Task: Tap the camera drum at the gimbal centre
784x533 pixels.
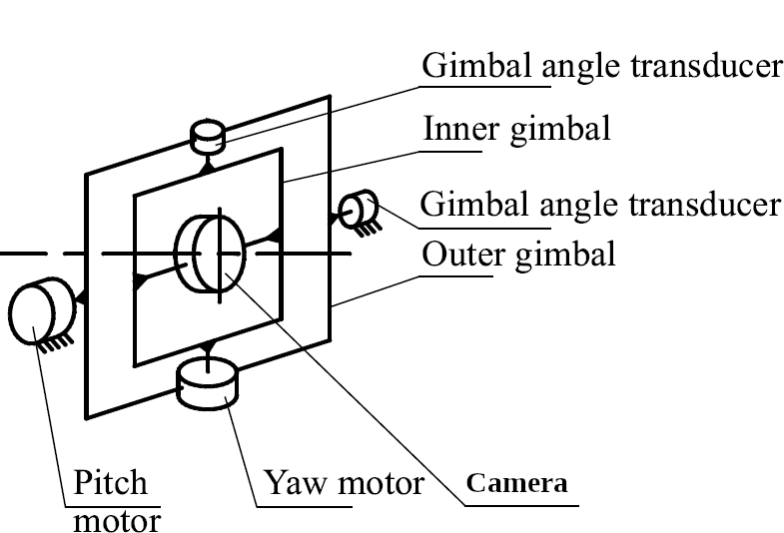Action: coord(209,253)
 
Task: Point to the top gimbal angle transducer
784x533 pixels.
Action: coord(207,137)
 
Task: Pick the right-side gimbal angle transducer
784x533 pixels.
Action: coord(355,210)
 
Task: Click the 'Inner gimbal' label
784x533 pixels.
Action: coord(516,129)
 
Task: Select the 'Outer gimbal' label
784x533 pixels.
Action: coord(518,254)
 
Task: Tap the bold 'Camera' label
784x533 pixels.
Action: coord(517,484)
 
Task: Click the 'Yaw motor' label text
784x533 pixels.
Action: coord(344,484)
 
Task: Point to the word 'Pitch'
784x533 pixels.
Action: coord(110,484)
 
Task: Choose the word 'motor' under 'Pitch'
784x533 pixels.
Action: coord(117,519)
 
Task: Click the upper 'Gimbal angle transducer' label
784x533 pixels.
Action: coord(600,66)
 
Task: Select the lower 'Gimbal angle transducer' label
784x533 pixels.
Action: coord(600,204)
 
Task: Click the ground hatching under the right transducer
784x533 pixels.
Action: coord(364,229)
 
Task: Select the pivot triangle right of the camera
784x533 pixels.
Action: coord(275,234)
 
